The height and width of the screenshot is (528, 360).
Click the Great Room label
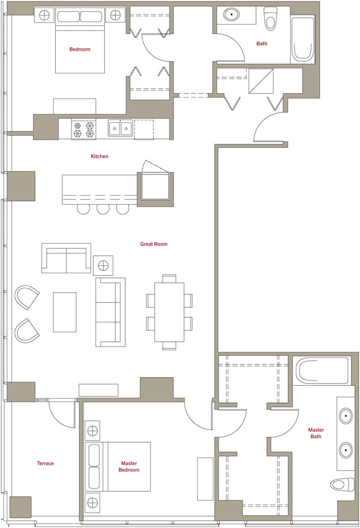[154, 244]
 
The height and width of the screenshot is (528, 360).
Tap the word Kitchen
[99, 156]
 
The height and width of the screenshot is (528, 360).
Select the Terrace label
[45, 463]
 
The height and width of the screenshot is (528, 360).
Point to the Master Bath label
[316, 433]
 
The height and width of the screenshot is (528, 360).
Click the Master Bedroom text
[129, 467]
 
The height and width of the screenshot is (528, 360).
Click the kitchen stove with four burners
[84, 130]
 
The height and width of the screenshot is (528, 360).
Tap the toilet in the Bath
[270, 19]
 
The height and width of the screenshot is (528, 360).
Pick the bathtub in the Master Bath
[322, 371]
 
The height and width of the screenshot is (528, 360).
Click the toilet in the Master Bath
[342, 484]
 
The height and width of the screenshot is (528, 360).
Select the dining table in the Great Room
[169, 312]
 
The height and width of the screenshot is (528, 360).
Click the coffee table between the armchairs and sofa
[65, 312]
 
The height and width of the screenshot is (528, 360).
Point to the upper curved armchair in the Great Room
[27, 297]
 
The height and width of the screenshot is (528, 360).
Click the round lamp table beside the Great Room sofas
[104, 266]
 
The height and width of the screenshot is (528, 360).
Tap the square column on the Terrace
[21, 507]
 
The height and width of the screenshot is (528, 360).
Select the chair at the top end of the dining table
[169, 279]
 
